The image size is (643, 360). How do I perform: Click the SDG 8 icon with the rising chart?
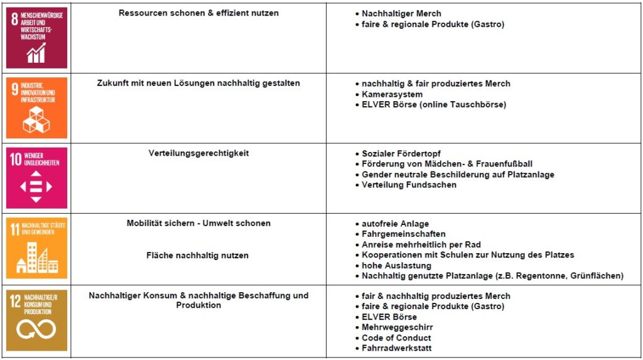pyautogui.click(x=36, y=38)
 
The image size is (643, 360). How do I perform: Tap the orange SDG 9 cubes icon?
pyautogui.click(x=36, y=108)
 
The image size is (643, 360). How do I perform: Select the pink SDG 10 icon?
pyautogui.click(x=36, y=178)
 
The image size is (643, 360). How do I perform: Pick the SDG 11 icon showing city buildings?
pyautogui.click(x=36, y=248)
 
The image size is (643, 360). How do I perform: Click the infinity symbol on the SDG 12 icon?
pyautogui.click(x=36, y=329)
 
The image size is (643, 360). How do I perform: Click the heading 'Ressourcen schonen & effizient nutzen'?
pyautogui.click(x=198, y=13)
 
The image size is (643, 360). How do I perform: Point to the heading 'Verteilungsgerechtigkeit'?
pyautogui.click(x=198, y=153)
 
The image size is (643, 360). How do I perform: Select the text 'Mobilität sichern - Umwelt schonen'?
pyautogui.click(x=198, y=224)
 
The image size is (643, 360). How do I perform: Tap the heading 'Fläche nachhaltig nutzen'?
pyautogui.click(x=198, y=255)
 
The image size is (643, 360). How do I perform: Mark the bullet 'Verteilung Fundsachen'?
pyautogui.click(x=409, y=185)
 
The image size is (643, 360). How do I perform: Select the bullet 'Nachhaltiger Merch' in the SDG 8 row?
pyautogui.click(x=401, y=13)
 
